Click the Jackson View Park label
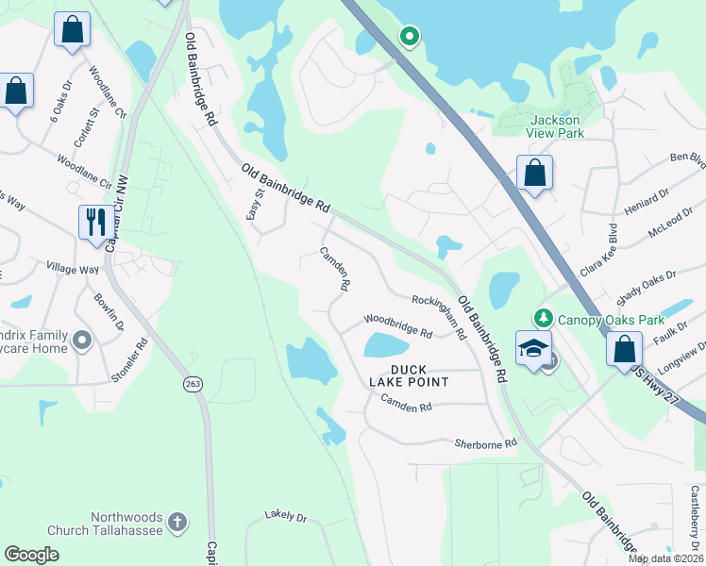point(556,126)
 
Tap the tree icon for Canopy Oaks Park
point(543,319)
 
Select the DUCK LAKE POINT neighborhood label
point(407,375)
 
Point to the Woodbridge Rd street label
point(398,326)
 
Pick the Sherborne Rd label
point(486,443)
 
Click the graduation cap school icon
point(532,348)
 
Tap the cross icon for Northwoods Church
point(177,522)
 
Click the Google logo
point(32,555)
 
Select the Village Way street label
point(76,270)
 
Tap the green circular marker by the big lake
point(409,37)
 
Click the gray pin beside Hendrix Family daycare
point(83,339)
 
